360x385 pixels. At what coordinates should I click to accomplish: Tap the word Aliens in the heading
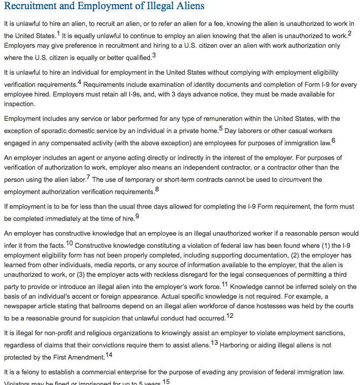click(x=189, y=7)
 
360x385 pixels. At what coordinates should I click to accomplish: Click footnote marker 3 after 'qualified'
click(x=154, y=55)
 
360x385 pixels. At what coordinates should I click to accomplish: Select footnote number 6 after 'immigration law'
click(x=333, y=141)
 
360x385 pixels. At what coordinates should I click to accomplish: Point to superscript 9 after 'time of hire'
click(x=137, y=216)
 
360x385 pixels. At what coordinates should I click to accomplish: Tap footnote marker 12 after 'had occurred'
click(x=230, y=316)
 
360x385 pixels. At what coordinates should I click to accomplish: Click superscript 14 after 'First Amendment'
click(x=109, y=355)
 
